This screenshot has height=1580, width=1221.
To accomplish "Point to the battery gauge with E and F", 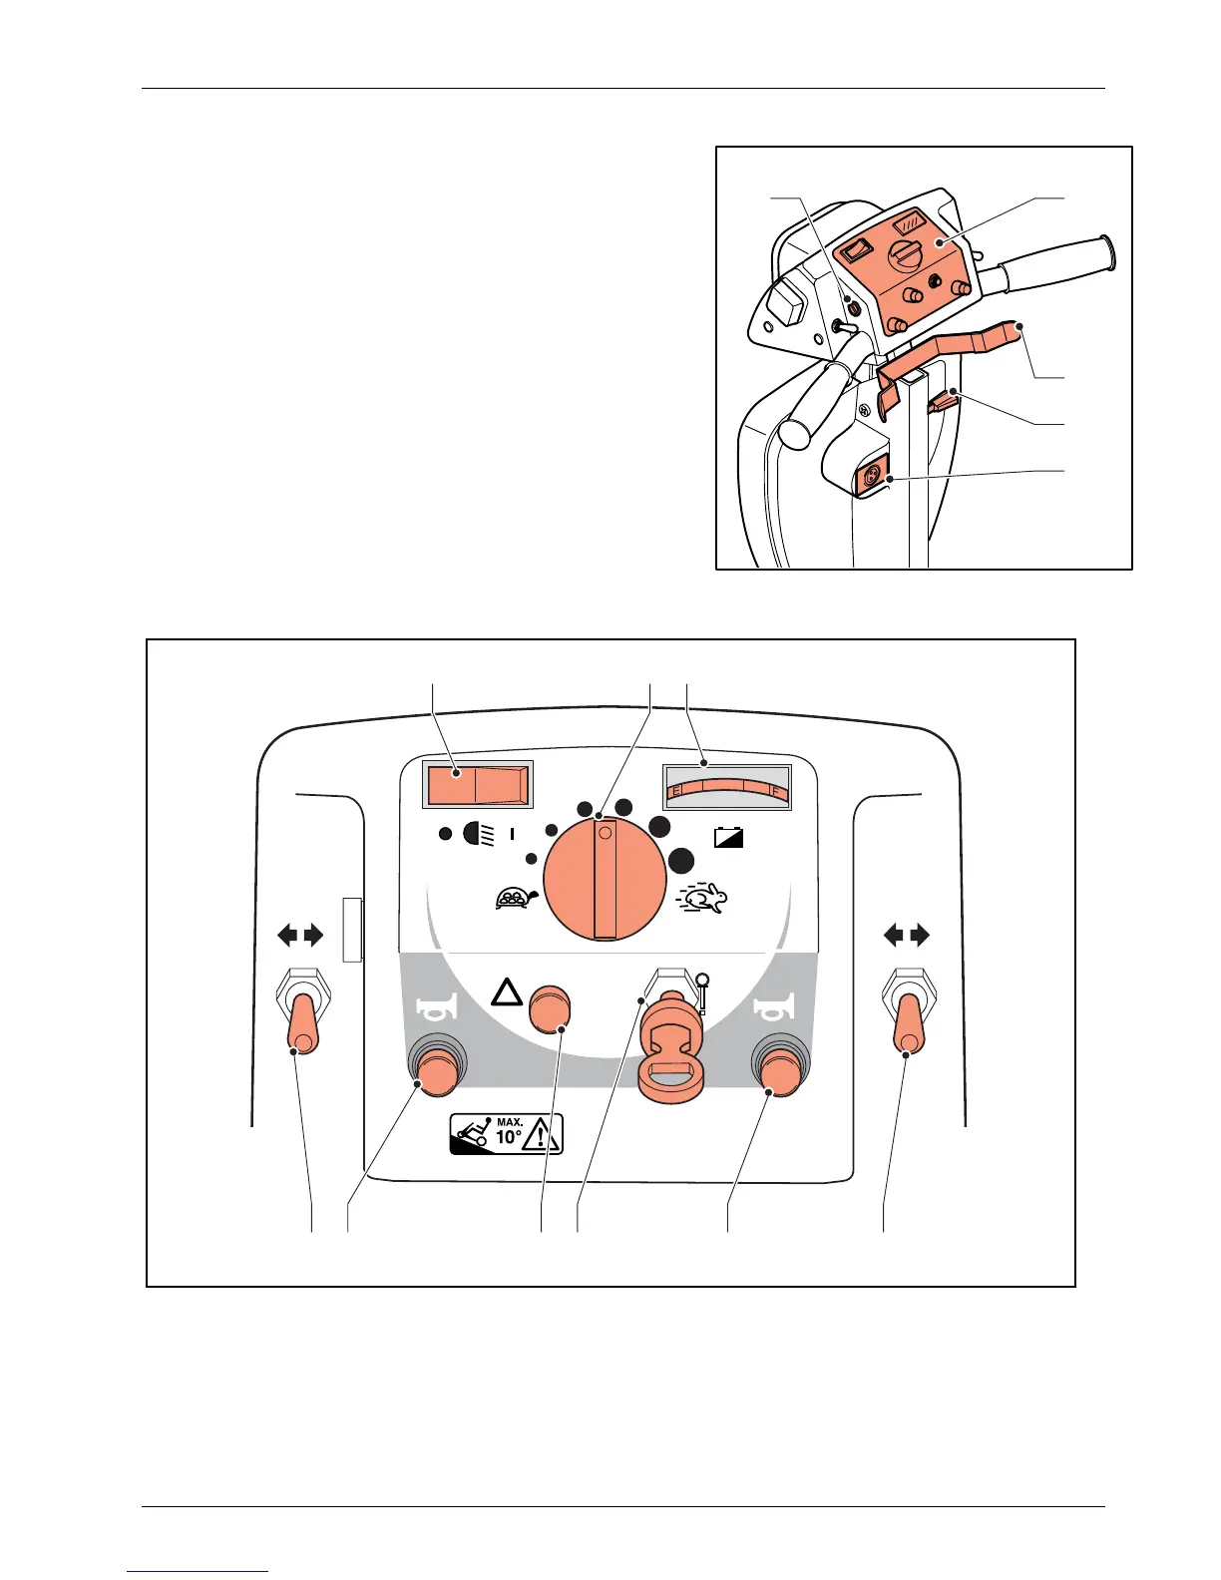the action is click(726, 787).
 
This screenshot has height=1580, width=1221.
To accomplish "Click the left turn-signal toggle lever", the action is click(301, 1024).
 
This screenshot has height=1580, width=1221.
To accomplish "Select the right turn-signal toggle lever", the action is click(909, 1024).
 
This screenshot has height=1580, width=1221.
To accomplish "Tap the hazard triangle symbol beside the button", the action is click(508, 992).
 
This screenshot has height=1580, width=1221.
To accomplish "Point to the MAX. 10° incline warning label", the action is click(507, 1134).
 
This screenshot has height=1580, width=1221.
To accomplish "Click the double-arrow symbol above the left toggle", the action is click(300, 935).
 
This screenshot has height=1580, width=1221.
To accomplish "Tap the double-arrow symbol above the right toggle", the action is click(908, 935).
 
